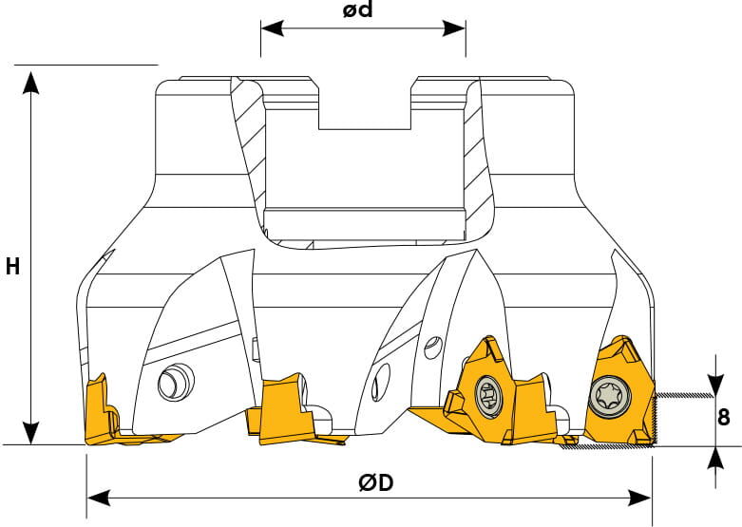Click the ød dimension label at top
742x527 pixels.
(x=358, y=9)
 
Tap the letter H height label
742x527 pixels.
(x=12, y=266)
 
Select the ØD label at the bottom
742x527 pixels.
(x=375, y=483)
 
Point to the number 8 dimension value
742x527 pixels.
(x=724, y=418)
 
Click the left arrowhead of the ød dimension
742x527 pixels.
(x=272, y=28)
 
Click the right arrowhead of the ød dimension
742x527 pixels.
(x=454, y=28)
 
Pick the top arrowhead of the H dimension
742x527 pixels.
(x=31, y=84)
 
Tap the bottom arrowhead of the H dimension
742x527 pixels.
(x=31, y=433)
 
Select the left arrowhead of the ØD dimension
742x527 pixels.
(x=99, y=498)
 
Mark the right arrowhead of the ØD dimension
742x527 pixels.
(x=639, y=498)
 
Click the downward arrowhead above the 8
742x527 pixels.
(x=716, y=385)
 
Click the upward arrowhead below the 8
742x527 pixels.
(x=716, y=458)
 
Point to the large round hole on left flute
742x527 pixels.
(x=176, y=382)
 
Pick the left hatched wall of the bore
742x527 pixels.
(x=248, y=156)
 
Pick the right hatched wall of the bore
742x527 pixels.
(x=478, y=156)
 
